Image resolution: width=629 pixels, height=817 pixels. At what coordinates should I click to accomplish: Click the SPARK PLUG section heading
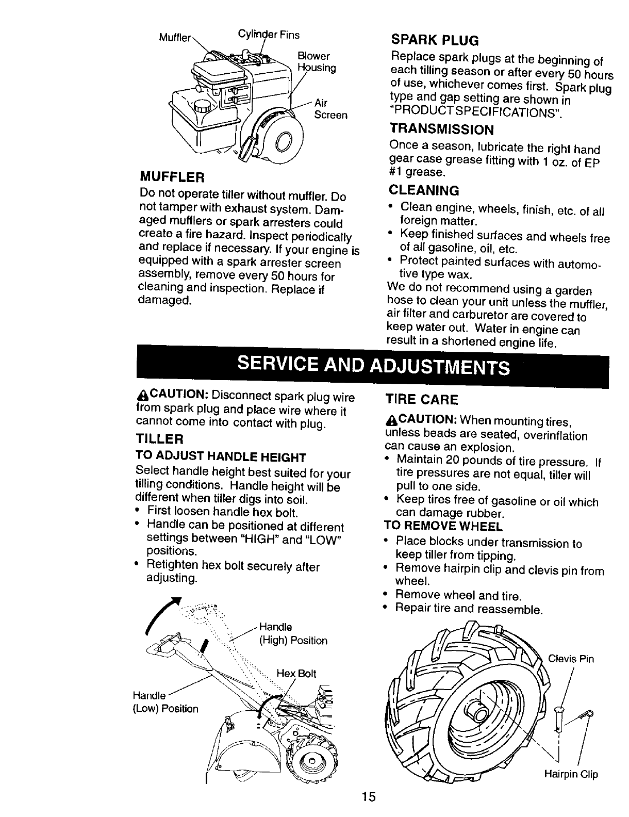[x=435, y=40]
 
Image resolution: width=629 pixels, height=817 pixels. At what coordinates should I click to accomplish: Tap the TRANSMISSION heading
[x=442, y=128]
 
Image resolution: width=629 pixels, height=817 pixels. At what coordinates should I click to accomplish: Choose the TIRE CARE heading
[x=421, y=400]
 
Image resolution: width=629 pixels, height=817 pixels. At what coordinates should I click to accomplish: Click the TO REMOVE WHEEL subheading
[x=443, y=527]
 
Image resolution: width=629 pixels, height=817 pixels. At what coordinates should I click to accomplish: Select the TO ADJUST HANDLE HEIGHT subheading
[x=221, y=457]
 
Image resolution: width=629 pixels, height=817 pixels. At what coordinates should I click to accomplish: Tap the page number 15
[x=368, y=796]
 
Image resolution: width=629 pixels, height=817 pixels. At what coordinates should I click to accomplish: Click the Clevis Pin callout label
[x=571, y=659]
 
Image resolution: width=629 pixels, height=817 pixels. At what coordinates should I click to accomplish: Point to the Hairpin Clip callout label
[x=571, y=774]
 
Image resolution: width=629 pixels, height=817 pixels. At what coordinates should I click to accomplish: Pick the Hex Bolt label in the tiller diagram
[x=296, y=673]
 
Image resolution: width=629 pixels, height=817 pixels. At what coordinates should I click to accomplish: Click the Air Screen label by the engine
[x=330, y=108]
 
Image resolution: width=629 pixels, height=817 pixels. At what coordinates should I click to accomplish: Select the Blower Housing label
[x=316, y=62]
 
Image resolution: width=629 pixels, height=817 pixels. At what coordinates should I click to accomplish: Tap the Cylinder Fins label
[x=268, y=35]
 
